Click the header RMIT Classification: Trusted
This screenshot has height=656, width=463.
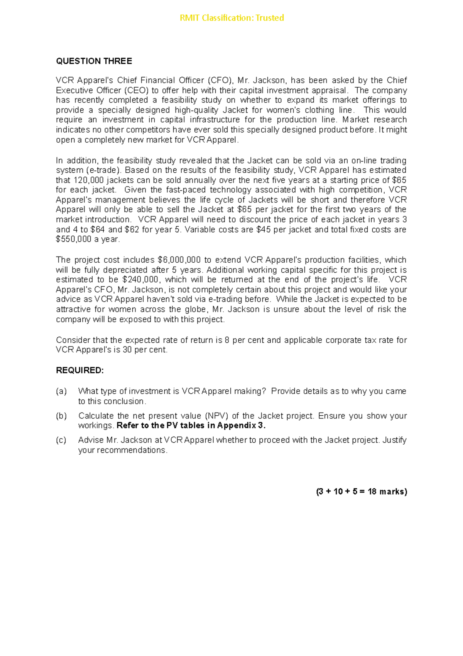231,18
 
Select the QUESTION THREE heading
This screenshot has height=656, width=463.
94,61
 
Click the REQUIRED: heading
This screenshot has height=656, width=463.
80,370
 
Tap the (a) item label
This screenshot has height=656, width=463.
61,391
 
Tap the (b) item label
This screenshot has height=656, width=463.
61,416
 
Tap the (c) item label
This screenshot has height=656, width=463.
61,440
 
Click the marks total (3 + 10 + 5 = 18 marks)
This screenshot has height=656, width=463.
362,492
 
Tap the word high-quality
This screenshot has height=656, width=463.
196,110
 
